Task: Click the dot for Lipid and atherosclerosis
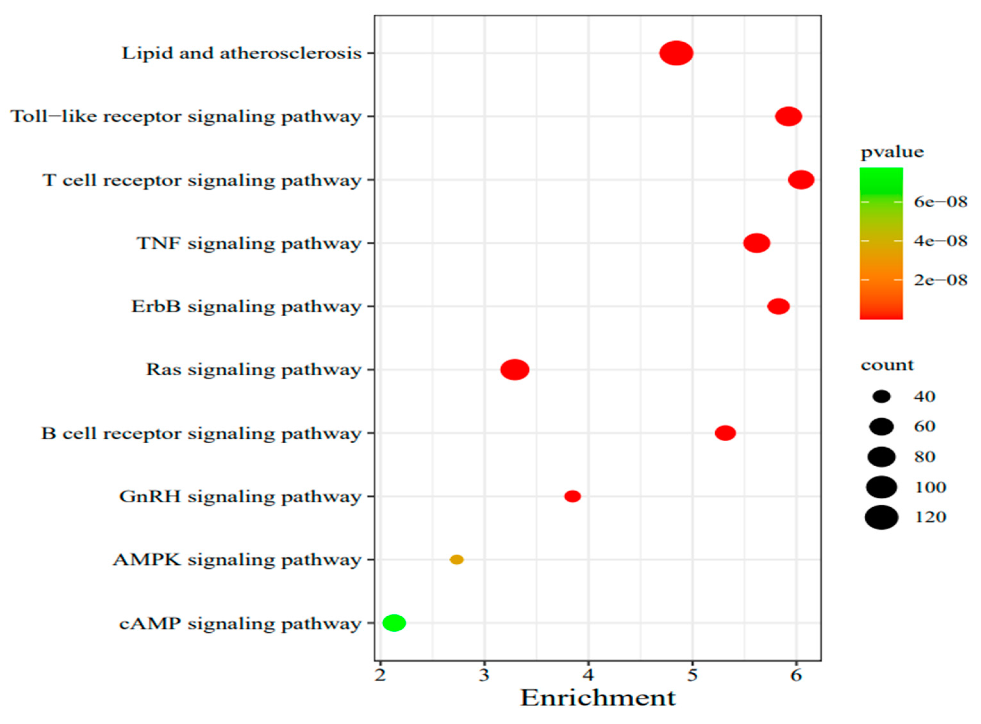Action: click(676, 53)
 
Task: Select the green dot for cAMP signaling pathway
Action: click(394, 622)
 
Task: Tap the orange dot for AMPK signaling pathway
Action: click(457, 559)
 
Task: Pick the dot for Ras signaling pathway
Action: click(515, 370)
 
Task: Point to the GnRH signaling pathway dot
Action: click(572, 496)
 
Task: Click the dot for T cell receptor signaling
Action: click(801, 180)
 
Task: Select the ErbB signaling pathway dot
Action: click(778, 306)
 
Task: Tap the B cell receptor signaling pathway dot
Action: click(725, 433)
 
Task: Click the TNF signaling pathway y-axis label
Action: click(249, 243)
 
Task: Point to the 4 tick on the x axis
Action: click(588, 675)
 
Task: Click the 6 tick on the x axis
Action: click(796, 675)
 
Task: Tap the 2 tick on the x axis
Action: click(380, 675)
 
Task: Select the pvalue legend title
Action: click(892, 152)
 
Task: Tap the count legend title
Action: click(887, 365)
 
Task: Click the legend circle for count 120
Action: click(882, 517)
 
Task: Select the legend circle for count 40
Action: click(882, 397)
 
